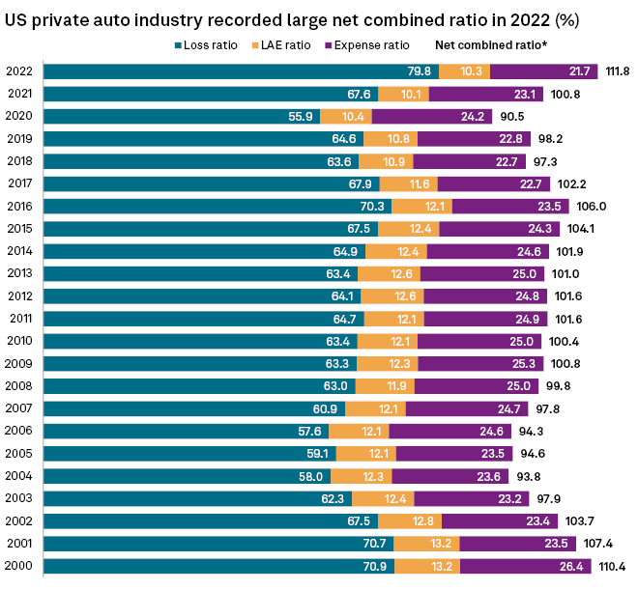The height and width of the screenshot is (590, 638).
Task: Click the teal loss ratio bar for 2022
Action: click(x=242, y=71)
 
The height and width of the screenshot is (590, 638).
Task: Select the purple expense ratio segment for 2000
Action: click(x=532, y=565)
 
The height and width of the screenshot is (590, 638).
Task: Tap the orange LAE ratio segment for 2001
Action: click(x=424, y=543)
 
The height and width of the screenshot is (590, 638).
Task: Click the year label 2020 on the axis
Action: click(x=20, y=116)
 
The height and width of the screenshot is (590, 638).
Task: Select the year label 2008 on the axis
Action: click(x=20, y=385)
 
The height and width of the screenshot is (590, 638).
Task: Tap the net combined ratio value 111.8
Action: click(x=617, y=71)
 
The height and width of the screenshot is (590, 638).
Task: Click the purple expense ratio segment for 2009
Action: click(x=483, y=363)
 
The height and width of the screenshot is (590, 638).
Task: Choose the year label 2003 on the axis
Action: click(x=20, y=497)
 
